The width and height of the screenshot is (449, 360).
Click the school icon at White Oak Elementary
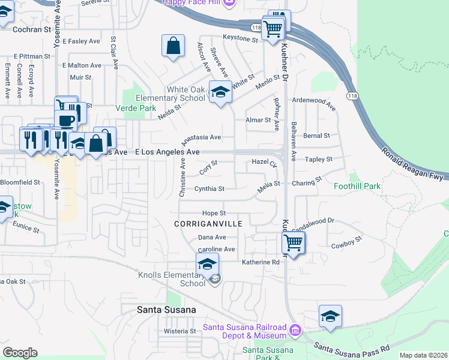(x=221, y=91)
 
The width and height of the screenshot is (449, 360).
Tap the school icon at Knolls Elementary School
(x=207, y=263)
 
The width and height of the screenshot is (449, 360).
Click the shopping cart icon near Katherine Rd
(x=293, y=242)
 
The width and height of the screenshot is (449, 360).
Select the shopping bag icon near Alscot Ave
(x=173, y=45)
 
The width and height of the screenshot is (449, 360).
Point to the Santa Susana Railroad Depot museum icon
(x=295, y=329)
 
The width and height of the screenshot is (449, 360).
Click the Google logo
(x=20, y=353)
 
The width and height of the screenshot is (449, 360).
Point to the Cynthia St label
(x=209, y=188)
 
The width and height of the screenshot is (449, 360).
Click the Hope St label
(x=214, y=213)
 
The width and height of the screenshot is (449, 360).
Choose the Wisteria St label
(x=181, y=331)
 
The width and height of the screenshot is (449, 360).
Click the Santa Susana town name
(x=158, y=310)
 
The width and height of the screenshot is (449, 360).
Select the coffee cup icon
(x=67, y=119)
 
